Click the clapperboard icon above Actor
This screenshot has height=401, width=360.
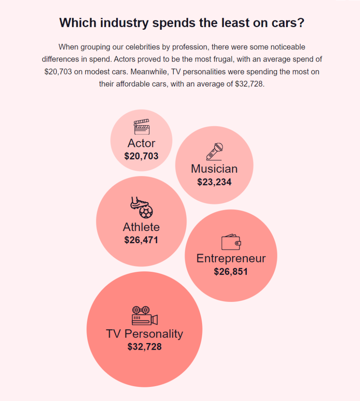pyautogui.click(x=142, y=127)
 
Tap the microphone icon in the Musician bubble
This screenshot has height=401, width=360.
pyautogui.click(x=214, y=152)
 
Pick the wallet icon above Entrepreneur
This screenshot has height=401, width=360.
pyautogui.click(x=231, y=242)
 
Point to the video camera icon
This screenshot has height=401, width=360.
pyautogui.click(x=145, y=316)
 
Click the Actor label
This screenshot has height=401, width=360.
pyautogui.click(x=141, y=143)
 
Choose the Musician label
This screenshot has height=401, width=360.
pyautogui.click(x=214, y=169)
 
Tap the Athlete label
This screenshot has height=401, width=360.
pyautogui.click(x=141, y=227)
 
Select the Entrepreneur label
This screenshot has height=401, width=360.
pyautogui.click(x=231, y=258)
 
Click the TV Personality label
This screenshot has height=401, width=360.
pyautogui.click(x=145, y=334)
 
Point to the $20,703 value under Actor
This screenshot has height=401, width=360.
pyautogui.click(x=141, y=156)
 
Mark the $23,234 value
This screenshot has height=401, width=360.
pyautogui.click(x=214, y=182)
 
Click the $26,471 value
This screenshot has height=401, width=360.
pyautogui.click(x=141, y=240)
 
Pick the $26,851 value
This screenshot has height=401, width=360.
pyautogui.click(x=231, y=272)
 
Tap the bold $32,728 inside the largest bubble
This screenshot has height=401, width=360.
pyautogui.click(x=145, y=347)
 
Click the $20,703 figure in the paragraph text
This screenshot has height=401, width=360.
pyautogui.click(x=58, y=72)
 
